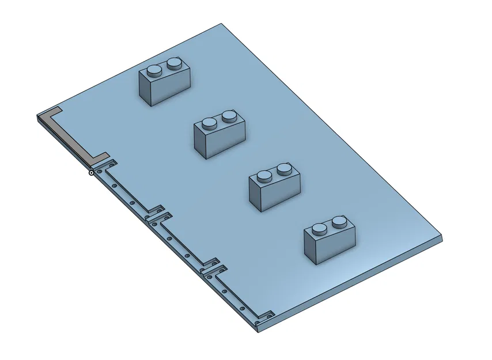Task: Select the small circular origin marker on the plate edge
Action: pos(92,172)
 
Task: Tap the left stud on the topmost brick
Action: pos(154,71)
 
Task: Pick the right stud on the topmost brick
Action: pos(175,63)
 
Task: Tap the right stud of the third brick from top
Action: pos(285,169)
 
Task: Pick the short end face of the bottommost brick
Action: pos(311,250)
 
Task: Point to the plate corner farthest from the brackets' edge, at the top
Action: pos(222,24)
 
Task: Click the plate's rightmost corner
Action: pos(442,236)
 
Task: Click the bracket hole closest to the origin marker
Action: pos(101,172)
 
